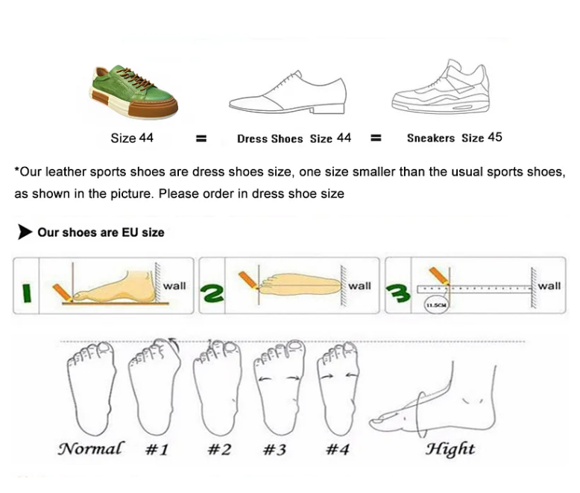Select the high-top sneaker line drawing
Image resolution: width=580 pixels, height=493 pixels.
pos(440,87)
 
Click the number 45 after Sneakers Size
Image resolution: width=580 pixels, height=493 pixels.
pos(495,137)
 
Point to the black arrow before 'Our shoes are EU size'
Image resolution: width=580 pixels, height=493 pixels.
pos(25,232)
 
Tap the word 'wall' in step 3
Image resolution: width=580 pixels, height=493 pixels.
pos(549,286)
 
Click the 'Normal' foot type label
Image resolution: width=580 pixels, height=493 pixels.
pos(90,449)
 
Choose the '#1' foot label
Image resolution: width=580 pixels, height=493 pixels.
pos(156,450)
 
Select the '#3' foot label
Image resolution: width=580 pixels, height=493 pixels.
pos(275,450)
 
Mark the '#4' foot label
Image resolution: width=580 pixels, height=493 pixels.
pos(338,450)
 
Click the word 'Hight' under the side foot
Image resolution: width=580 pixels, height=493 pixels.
pos(450,449)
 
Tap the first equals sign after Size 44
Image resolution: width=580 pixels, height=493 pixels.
pos(200,139)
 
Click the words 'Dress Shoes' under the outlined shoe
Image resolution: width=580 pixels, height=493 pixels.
pos(270,139)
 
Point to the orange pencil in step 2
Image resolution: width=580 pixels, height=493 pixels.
pos(248,281)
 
